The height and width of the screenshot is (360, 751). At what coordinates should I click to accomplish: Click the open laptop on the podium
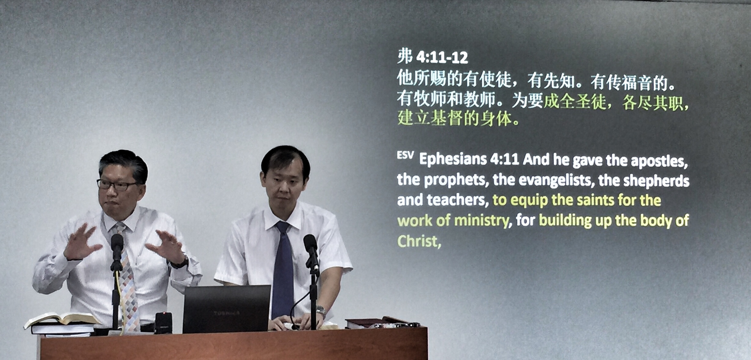pyautogui.click(x=226, y=309)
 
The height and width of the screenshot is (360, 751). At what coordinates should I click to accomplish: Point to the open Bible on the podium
pyautogui.click(x=63, y=319)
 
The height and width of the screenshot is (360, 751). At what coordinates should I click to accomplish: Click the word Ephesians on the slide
pyautogui.click(x=453, y=159)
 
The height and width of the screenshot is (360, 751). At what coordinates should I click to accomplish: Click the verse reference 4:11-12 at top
pyautogui.click(x=442, y=58)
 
